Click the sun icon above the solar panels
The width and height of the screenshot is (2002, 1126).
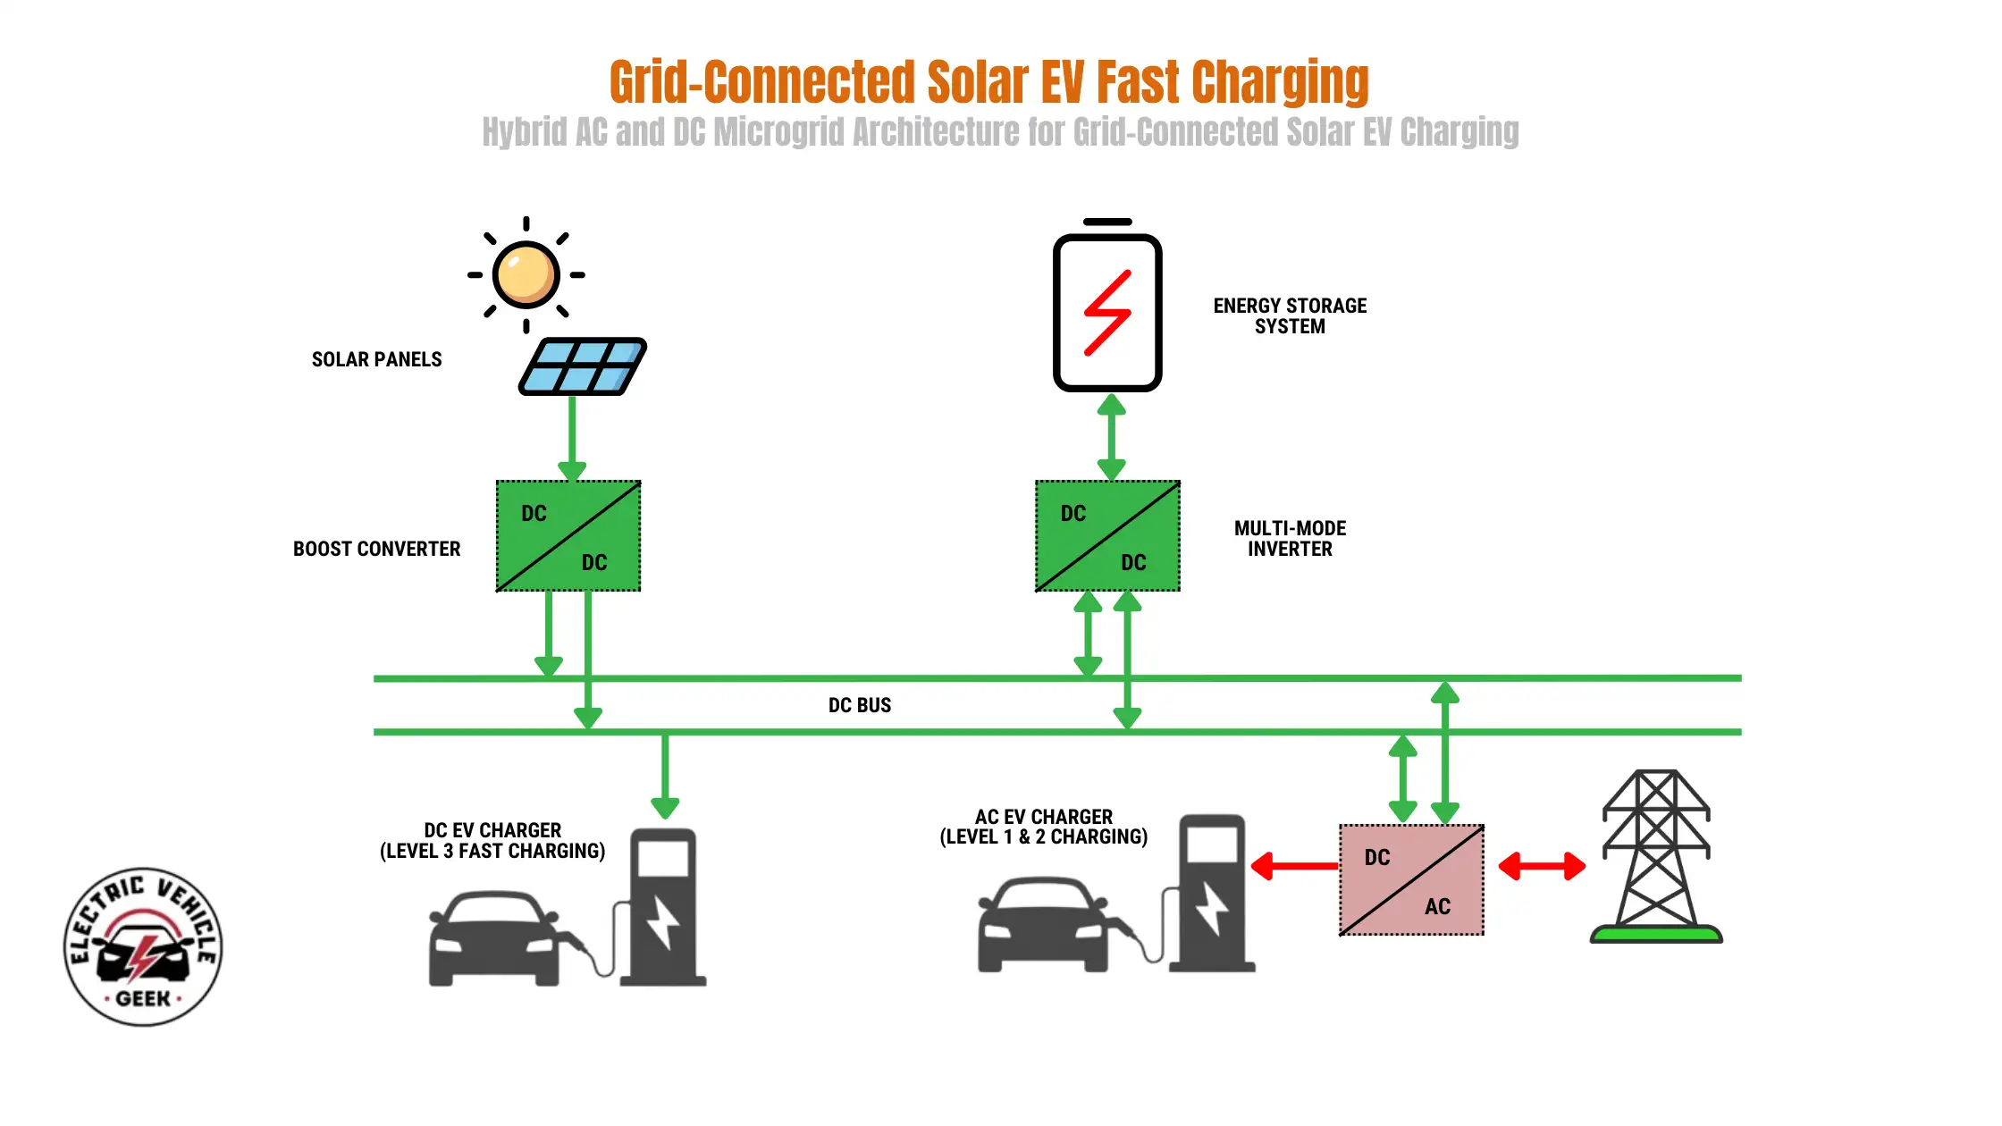(526, 274)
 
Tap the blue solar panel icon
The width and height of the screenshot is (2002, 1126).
(583, 366)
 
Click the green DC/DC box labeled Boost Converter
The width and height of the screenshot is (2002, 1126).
(568, 536)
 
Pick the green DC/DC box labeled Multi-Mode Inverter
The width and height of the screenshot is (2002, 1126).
(1107, 536)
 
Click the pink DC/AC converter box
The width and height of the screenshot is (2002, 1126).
(1411, 880)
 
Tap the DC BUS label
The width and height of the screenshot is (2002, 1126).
(859, 705)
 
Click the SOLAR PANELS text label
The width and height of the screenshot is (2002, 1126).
(376, 359)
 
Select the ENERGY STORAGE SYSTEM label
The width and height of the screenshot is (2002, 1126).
(1290, 316)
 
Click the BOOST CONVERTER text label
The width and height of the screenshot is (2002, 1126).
(376, 549)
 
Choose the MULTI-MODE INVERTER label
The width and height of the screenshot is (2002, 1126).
(1290, 538)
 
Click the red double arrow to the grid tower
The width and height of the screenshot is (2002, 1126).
(1542, 866)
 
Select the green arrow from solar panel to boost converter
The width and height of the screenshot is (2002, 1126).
(572, 438)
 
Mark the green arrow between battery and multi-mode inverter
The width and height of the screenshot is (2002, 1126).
(1111, 437)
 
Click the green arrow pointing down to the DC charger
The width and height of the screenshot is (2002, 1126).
(665, 774)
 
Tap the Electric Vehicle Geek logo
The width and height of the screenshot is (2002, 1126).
(143, 946)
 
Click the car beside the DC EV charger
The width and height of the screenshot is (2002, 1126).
(493, 938)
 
